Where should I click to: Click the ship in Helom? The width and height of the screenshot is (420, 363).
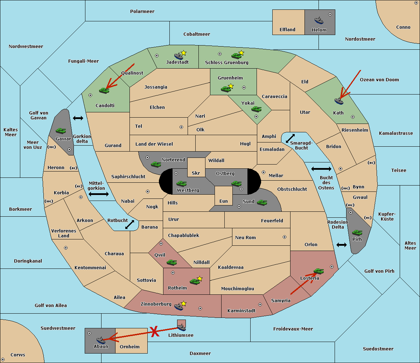pos(319,20)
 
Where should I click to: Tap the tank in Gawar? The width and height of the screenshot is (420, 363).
pos(61,131)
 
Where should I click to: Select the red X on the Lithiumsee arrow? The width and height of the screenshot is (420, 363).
pos(155,331)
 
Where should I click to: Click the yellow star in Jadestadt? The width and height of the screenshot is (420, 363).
pos(183,53)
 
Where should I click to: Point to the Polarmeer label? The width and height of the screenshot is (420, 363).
pos(142,12)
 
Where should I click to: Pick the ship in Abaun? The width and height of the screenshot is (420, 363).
pos(101,340)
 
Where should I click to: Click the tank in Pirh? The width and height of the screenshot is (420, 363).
pos(357,232)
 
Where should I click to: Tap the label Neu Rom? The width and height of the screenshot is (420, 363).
pos(245,237)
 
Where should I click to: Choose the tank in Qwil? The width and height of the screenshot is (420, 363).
pos(172,262)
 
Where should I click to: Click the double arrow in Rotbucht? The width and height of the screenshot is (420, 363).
pos(129,224)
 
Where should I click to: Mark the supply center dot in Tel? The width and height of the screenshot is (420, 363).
pos(181,127)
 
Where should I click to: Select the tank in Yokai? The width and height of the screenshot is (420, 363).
pos(257,109)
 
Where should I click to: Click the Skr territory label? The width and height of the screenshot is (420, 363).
pos(196,173)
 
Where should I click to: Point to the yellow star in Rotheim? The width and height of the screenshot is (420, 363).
pos(200,278)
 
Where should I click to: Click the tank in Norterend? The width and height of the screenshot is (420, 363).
pos(156,165)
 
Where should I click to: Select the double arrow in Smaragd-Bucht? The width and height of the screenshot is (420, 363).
pos(290,138)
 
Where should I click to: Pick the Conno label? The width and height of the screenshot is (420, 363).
pos(403,27)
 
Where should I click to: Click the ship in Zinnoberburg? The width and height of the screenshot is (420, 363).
pos(179,307)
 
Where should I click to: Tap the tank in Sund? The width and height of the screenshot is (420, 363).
pos(262,202)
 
